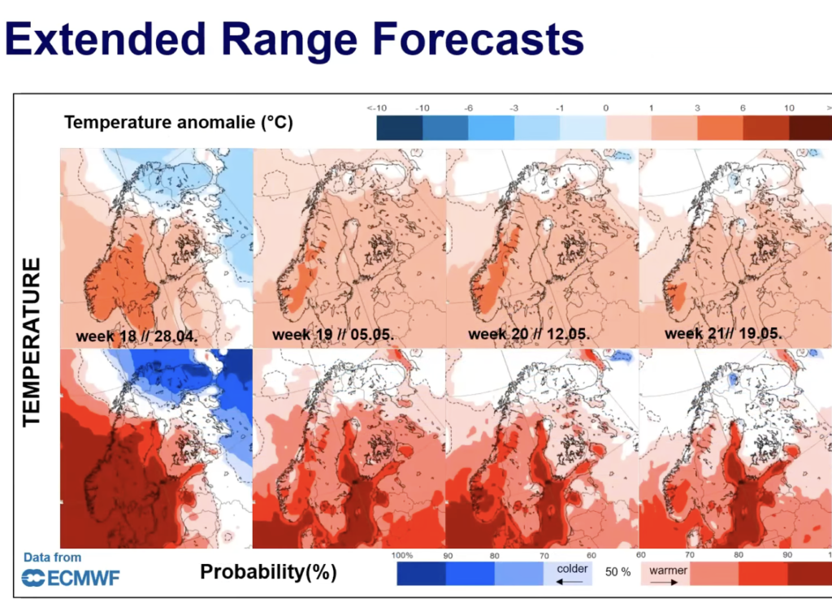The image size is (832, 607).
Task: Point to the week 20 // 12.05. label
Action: point(529,334)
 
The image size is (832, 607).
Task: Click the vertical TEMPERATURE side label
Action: point(32,342)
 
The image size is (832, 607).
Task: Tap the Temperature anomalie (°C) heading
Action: point(179,123)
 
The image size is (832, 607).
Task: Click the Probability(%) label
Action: point(268,572)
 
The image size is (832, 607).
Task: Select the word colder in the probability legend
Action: point(572,570)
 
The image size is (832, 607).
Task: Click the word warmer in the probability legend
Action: point(668,570)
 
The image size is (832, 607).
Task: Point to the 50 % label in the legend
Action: point(618,572)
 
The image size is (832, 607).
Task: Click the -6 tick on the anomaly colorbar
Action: point(468,108)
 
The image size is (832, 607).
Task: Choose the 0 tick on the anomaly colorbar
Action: point(605,108)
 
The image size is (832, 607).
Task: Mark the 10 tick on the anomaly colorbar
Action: point(788,108)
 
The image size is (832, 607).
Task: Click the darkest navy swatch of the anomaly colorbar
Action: point(399,128)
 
